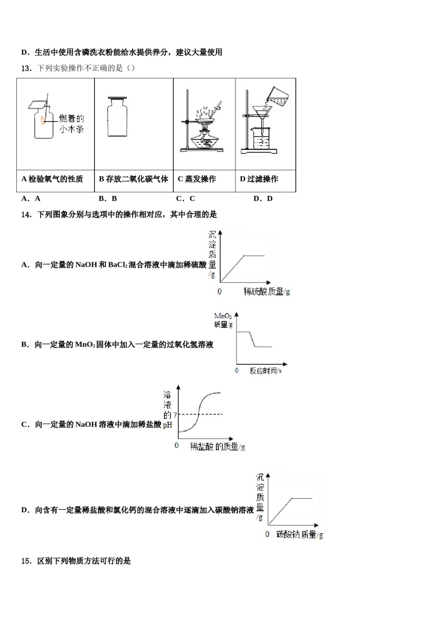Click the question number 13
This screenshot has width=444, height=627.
point(26,68)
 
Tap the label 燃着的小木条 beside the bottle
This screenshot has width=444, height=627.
point(71,124)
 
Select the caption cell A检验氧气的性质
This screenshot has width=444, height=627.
point(52,179)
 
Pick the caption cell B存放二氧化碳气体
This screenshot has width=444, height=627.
point(134,179)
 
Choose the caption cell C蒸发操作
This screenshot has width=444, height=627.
point(197,179)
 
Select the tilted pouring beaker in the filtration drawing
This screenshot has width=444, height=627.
point(279,97)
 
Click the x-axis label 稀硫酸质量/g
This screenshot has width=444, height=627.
point(266,292)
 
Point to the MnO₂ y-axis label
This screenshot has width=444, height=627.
point(223,320)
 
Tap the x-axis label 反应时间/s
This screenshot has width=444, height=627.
point(265,371)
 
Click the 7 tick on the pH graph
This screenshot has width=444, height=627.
point(175,415)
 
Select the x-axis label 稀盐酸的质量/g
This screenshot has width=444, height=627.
point(217,447)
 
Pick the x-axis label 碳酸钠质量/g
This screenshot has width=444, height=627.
point(299,535)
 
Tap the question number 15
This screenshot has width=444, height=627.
point(26,561)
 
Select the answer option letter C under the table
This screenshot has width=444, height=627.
point(179,199)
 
